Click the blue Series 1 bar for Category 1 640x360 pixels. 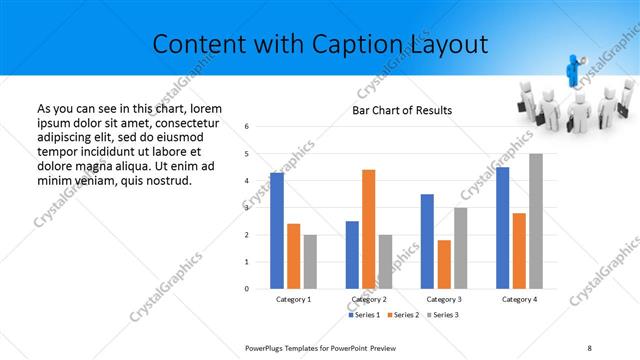[x=277, y=230]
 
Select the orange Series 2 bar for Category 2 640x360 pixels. [x=369, y=229]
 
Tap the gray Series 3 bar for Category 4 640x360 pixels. [x=536, y=221]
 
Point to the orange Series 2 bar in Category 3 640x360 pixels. [x=444, y=264]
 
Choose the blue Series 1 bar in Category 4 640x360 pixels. [x=502, y=227]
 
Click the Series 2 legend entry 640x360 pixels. [x=403, y=315]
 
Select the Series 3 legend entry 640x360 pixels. [x=444, y=315]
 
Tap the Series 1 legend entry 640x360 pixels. [x=363, y=315]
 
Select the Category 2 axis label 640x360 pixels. [x=369, y=299]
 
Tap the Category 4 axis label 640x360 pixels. [x=518, y=299]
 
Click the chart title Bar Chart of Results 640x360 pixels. [x=403, y=110]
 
